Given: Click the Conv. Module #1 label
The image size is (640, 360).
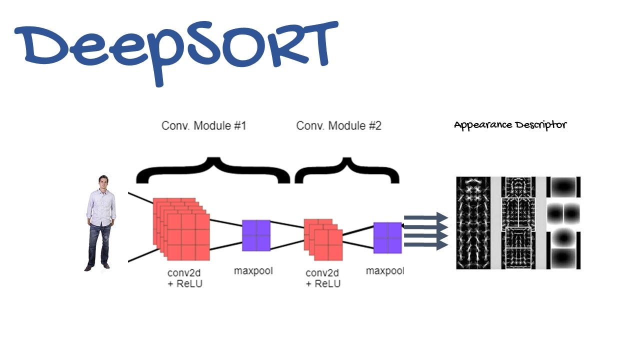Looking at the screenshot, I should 203,125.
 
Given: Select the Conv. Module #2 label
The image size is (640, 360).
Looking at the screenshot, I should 338,125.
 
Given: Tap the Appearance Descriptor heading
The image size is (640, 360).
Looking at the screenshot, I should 510,125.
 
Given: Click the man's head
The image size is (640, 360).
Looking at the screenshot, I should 103,182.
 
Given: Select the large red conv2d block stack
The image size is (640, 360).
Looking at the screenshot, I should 181,227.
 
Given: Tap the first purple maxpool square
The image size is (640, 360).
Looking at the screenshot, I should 256,235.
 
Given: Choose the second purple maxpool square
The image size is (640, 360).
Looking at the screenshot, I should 387,238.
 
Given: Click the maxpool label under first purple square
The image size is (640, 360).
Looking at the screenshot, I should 253,271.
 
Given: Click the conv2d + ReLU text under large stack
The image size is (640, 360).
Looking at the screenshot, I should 185,278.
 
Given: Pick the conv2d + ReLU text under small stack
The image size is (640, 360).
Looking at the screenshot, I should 322,278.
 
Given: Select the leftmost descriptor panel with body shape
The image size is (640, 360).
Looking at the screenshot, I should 473,223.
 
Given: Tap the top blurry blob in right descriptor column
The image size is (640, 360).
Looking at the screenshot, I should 563,187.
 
